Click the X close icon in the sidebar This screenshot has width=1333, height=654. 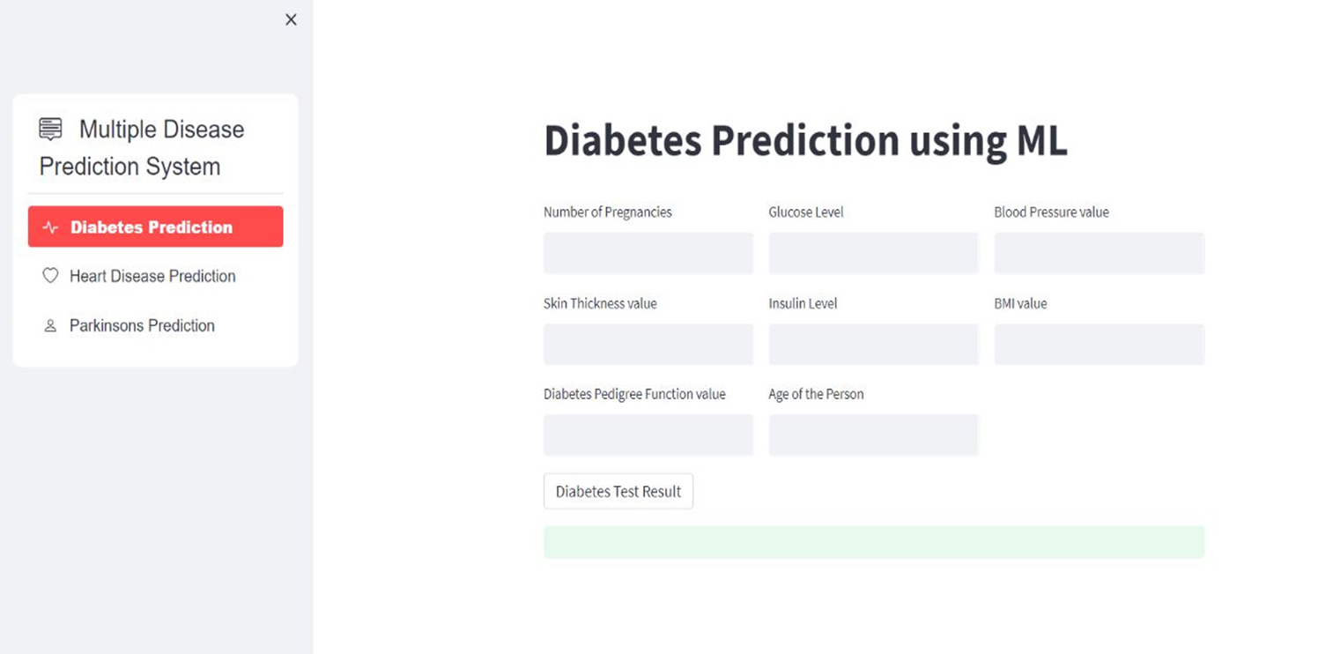tap(291, 19)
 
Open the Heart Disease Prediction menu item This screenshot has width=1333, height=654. tap(152, 276)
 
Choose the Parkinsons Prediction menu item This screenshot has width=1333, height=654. tap(142, 325)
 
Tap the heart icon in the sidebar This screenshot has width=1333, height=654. tap(50, 276)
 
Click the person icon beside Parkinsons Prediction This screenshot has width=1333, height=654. tap(50, 325)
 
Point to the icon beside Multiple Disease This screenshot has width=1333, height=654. tap(51, 130)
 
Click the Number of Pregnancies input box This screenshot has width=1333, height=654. tap(648, 253)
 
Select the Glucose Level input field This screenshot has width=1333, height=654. tap(873, 253)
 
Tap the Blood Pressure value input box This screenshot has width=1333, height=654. tap(1099, 253)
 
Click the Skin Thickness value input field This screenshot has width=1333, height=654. tap(648, 344)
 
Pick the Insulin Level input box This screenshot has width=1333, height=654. tap(873, 344)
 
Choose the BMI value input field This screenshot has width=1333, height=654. tap(1099, 344)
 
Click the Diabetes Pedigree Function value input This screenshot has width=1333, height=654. tap(648, 435)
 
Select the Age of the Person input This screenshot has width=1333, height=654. tap(873, 435)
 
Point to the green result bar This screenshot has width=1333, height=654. tap(873, 542)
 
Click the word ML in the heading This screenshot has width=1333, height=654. tap(1040, 141)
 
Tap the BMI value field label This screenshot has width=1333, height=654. tap(1020, 303)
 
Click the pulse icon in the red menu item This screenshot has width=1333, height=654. tap(50, 227)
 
